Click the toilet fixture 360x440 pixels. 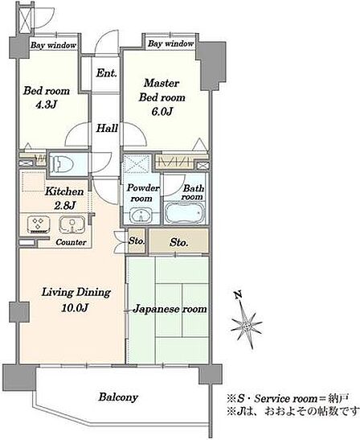point(61,163)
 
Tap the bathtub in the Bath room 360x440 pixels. point(185,213)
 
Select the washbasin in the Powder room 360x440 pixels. point(141,216)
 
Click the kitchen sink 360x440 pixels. point(72,224)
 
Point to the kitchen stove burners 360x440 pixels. point(39,224)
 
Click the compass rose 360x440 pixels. point(247,325)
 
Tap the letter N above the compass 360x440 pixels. point(239,295)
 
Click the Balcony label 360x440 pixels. point(118,397)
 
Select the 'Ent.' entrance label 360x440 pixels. point(106,73)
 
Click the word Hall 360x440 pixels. point(107,128)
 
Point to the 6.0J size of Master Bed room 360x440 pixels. point(162,112)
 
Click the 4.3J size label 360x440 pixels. point(47,105)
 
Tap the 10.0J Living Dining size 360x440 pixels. point(76,308)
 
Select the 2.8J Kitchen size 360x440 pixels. point(64,206)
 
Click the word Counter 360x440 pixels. point(71,242)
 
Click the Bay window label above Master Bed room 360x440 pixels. point(170,43)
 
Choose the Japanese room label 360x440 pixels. point(170,309)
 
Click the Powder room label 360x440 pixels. point(142,193)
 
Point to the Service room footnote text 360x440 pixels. point(288,398)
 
